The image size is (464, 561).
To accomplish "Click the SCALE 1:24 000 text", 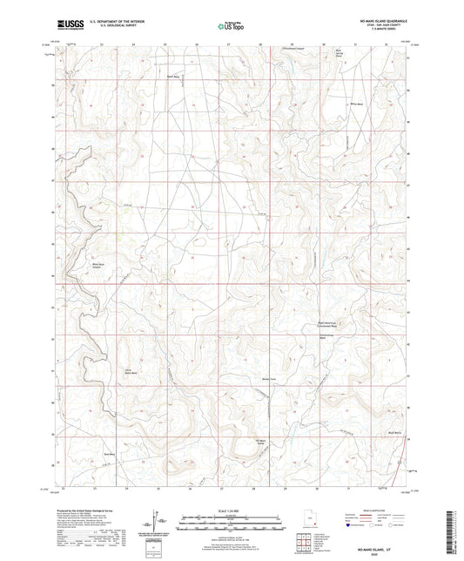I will click(231, 510).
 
